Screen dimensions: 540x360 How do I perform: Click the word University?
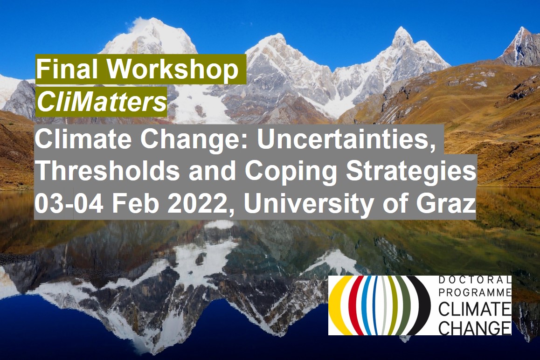pyautogui.click(x=307, y=205)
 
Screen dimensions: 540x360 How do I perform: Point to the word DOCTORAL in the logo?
pyautogui.click(x=475, y=280)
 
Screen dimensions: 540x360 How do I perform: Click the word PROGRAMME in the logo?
pyautogui.click(x=475, y=292)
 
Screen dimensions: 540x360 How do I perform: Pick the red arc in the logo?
pyautogui.click(x=352, y=305)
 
